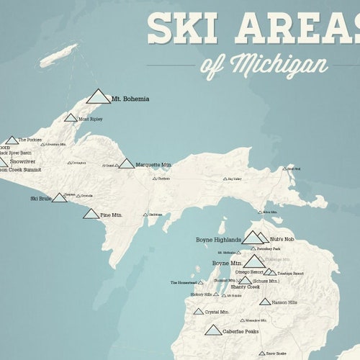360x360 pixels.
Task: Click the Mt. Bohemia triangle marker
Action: point(98,96)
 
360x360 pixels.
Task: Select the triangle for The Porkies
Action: point(12,140)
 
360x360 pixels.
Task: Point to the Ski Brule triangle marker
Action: point(59,197)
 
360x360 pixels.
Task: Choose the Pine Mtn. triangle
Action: point(91,214)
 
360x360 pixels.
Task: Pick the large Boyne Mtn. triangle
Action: point(254,261)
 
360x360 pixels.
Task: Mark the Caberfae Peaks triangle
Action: point(212,330)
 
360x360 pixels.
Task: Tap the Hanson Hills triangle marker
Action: point(266,302)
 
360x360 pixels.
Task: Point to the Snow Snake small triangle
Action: point(262,354)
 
